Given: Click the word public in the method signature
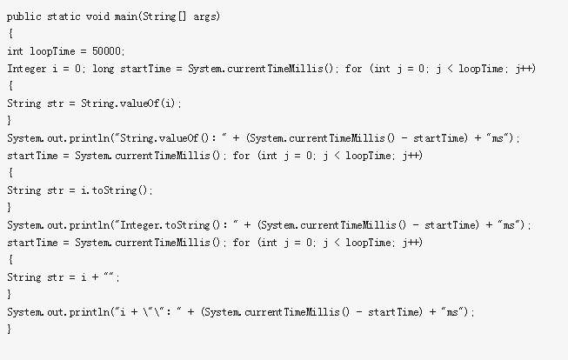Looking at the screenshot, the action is click(x=24, y=17).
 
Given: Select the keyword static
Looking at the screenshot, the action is click(x=68, y=17).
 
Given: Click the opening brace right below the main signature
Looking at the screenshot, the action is click(x=10, y=34).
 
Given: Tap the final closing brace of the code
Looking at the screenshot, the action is click(x=10, y=330).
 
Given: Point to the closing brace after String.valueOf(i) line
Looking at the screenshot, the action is click(x=10, y=121).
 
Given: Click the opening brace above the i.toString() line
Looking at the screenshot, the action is click(x=10, y=173).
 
